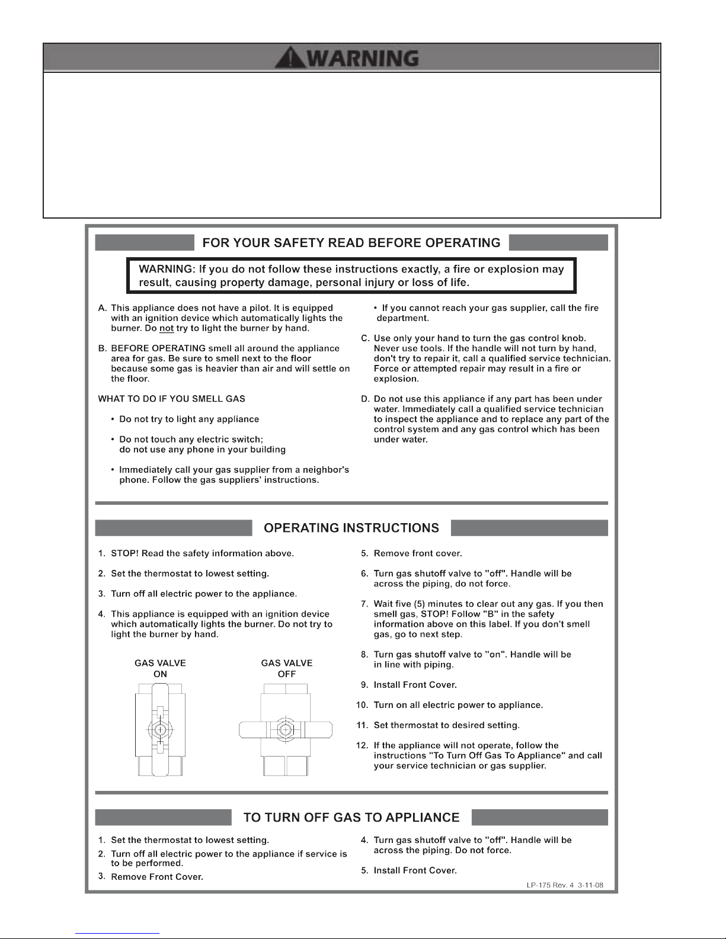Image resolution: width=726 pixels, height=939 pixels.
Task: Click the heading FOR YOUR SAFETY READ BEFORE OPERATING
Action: click(x=351, y=242)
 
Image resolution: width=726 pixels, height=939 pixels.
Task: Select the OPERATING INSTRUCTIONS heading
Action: click(x=351, y=528)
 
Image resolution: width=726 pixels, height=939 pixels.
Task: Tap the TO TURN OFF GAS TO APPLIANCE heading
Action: click(x=351, y=818)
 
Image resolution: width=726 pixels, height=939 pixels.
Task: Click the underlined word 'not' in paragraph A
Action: click(x=166, y=328)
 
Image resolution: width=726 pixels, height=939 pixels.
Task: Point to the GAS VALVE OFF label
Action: click(x=287, y=668)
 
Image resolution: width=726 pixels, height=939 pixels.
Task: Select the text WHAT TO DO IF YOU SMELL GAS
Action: click(x=172, y=399)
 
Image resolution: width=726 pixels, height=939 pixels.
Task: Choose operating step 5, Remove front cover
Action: click(x=418, y=553)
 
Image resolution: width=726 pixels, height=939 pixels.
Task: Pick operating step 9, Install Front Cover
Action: click(x=415, y=685)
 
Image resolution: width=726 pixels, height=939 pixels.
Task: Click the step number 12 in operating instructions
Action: click(x=362, y=745)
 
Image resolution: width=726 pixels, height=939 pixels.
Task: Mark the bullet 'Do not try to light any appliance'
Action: click(x=189, y=419)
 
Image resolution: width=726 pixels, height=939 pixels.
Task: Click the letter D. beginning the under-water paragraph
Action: click(x=366, y=399)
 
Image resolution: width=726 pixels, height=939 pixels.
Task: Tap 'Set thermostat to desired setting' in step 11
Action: click(x=446, y=725)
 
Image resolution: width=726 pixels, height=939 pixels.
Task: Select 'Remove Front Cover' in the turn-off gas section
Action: click(x=157, y=877)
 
